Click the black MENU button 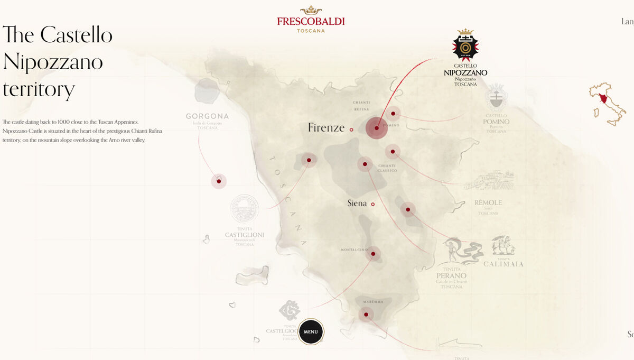[x=311, y=332]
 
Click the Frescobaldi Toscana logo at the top [x=311, y=20]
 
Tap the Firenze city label [x=326, y=128]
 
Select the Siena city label [x=357, y=204]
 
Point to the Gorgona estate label [x=207, y=116]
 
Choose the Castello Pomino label [x=496, y=122]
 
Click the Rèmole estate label [x=488, y=203]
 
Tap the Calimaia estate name [x=504, y=264]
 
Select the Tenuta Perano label [x=451, y=275]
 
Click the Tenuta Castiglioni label [x=245, y=235]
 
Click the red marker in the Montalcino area [x=373, y=254]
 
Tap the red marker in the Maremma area [x=366, y=315]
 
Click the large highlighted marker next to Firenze [x=377, y=128]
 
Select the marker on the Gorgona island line [x=219, y=181]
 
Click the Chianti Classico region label [x=387, y=168]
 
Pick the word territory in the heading [x=39, y=90]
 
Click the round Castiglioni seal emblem [x=245, y=208]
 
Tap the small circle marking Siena [x=372, y=204]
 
